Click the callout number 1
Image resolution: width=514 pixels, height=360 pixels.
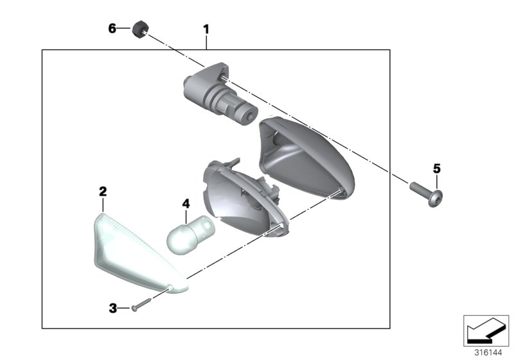[x=206, y=29]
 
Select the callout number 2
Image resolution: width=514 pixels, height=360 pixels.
[x=102, y=191]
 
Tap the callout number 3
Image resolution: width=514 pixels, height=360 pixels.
[x=112, y=309]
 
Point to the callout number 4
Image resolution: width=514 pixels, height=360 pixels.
[x=186, y=204]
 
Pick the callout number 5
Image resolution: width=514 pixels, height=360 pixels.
[x=436, y=168]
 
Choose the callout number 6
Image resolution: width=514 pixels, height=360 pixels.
[x=112, y=28]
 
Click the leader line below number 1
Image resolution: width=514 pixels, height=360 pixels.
[x=206, y=42]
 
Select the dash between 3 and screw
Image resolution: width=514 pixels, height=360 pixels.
[x=125, y=309]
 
